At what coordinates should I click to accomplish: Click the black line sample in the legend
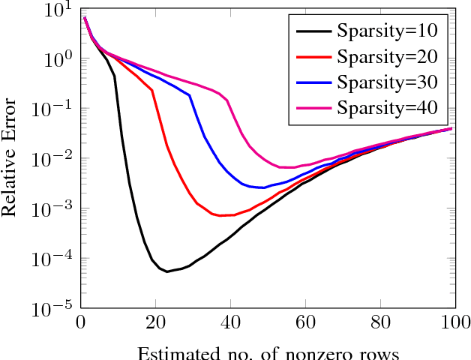click(313, 32)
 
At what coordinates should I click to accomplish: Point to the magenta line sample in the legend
click(313, 106)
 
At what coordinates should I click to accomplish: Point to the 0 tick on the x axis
click(81, 323)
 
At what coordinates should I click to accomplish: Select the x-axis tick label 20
click(155, 323)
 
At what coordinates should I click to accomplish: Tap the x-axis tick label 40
click(230, 323)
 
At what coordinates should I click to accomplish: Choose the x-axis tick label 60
click(304, 323)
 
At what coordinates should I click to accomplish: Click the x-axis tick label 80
click(379, 323)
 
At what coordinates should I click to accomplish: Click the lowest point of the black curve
click(167, 271)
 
